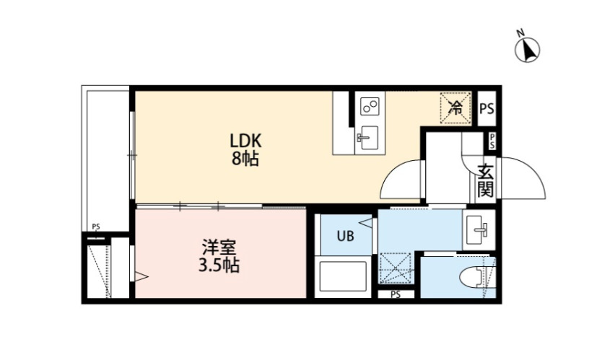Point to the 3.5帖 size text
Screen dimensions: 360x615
217,265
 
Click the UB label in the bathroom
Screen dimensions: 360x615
344,236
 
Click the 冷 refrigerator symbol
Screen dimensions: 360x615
455,108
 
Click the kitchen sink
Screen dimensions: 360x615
369,136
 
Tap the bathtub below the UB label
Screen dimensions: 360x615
343,278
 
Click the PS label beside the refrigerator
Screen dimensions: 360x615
487,110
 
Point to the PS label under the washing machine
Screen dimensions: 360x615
395,294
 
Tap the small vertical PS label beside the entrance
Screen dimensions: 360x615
492,141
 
